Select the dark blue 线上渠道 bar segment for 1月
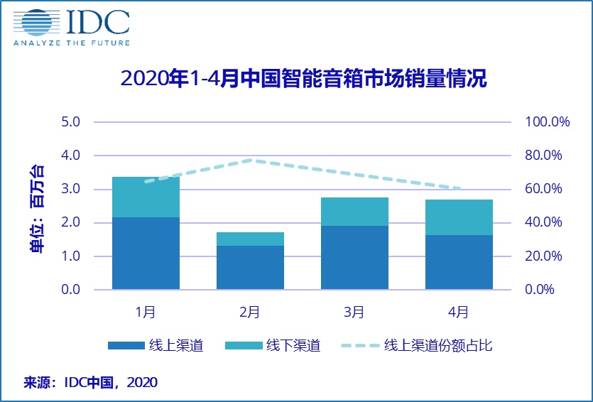[x=146, y=254]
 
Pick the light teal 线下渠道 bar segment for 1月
[x=146, y=197]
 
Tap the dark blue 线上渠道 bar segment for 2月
[x=250, y=268]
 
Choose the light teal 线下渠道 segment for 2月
[x=250, y=239]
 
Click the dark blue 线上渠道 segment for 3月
[x=354, y=258]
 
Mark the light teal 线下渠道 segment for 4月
[x=459, y=217]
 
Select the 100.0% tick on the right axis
[x=548, y=121]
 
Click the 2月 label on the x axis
[x=250, y=311]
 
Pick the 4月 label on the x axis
[x=459, y=311]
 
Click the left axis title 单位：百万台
[x=35, y=205]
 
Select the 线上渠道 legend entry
[x=156, y=346]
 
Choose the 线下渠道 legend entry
[x=273, y=346]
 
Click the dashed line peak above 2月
[x=250, y=160]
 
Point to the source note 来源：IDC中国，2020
[x=90, y=382]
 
